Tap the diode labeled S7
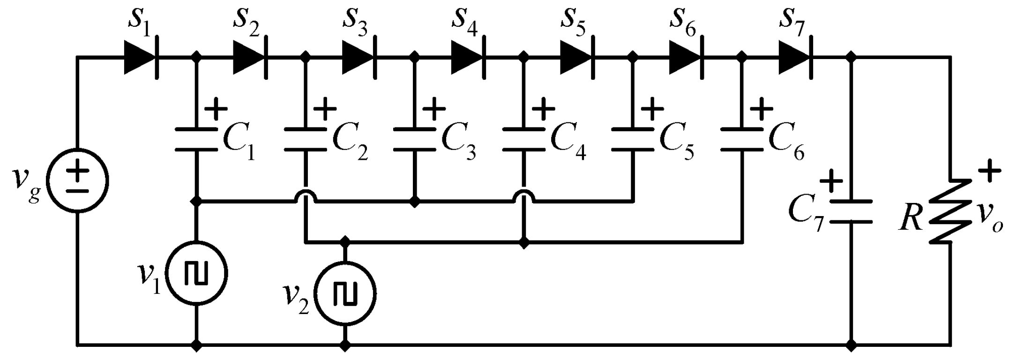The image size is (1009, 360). point(795,58)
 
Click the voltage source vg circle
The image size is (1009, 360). point(79,180)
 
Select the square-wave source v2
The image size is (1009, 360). point(345,294)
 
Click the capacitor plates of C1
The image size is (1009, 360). point(196,139)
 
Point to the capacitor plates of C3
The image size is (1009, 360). point(414,139)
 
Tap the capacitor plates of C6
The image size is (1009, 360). point(742,139)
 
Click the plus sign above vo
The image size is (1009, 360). point(990,171)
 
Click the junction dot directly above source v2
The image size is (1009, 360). point(345,242)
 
